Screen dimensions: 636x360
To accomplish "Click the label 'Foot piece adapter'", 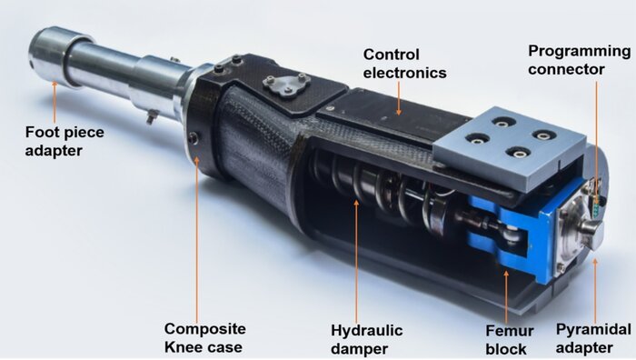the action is tap(65, 141).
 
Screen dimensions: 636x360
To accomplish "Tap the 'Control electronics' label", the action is tap(405, 64).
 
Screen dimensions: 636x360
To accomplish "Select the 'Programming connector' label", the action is tap(580, 60).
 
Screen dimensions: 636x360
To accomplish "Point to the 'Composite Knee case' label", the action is tap(204, 337).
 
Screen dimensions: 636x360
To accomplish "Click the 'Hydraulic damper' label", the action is tap(367, 339).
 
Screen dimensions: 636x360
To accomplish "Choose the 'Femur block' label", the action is tap(510, 340).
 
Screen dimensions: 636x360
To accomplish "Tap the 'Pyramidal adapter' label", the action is tap(593, 338).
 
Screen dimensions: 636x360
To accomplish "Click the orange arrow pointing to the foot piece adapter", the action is tap(55, 102).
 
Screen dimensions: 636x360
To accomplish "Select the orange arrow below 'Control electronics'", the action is tap(399, 98).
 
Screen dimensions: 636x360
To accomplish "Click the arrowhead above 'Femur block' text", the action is tap(506, 274).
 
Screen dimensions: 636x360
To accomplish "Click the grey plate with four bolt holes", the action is tap(511, 147).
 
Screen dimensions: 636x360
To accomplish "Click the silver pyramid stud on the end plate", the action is tap(592, 234).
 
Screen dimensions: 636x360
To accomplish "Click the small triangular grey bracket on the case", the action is tap(286, 85).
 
